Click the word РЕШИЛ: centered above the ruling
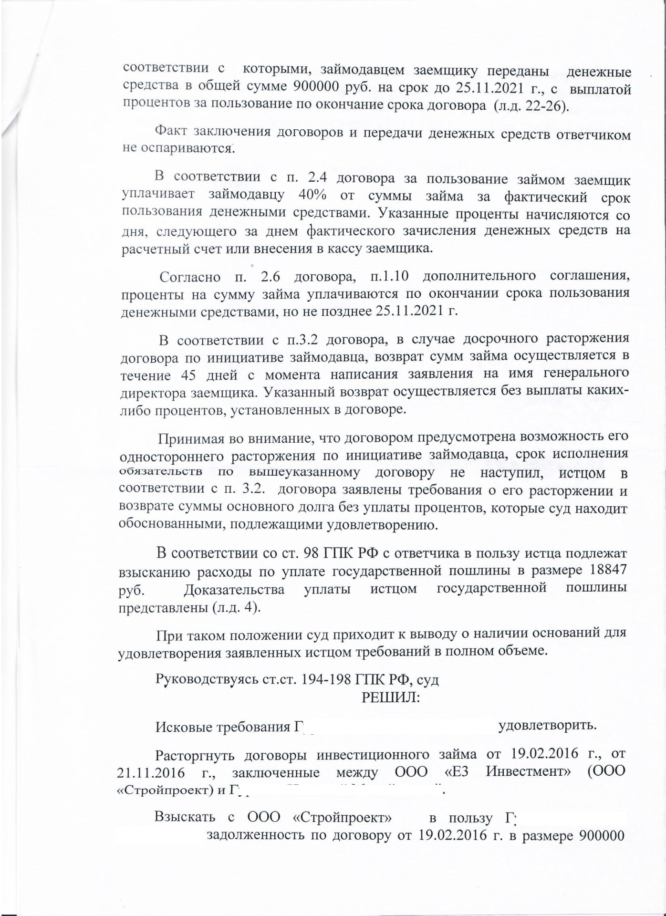coord(391,697)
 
